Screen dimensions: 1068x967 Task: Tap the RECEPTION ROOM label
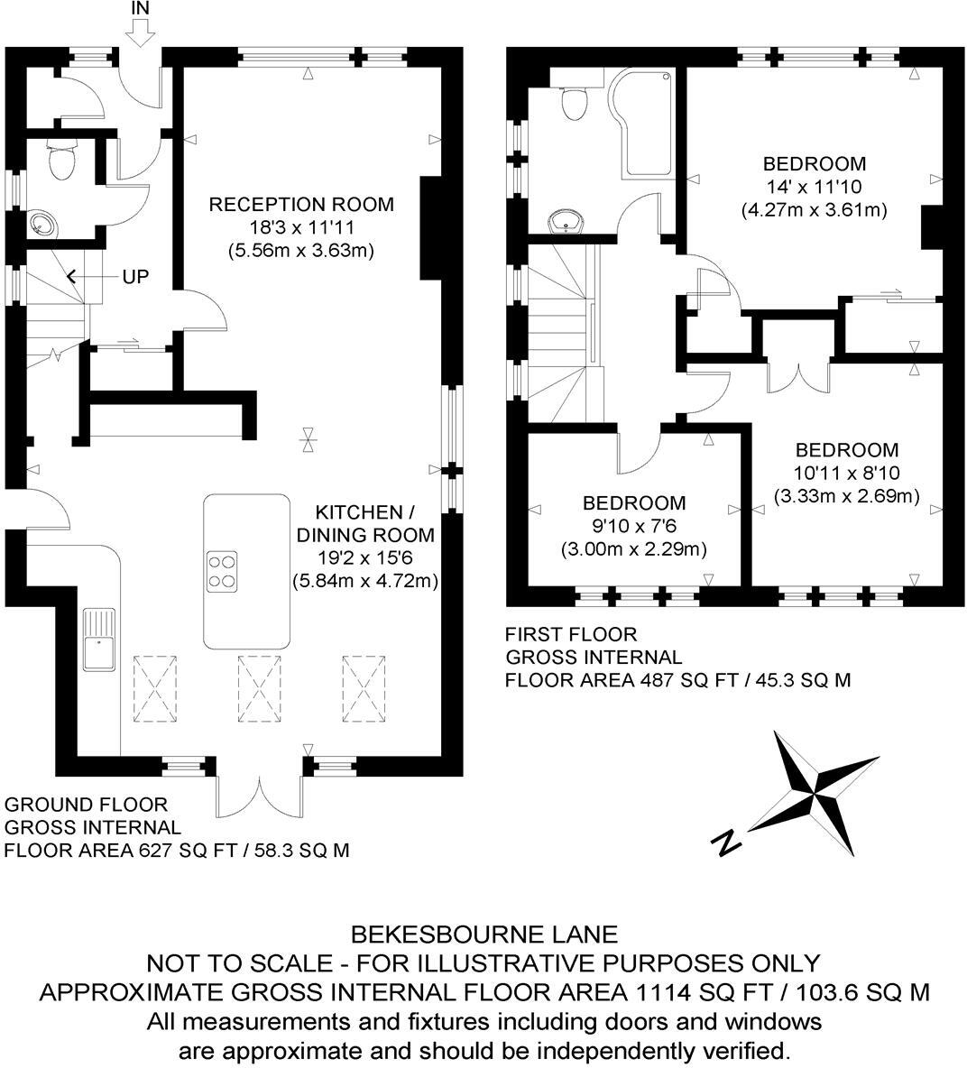point(301,205)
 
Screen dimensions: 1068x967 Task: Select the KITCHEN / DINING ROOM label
point(364,523)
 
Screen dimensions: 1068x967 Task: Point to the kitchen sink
point(99,639)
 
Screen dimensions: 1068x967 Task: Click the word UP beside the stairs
point(135,277)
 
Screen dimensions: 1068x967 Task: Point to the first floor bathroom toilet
point(574,101)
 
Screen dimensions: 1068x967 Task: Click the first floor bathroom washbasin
point(566,219)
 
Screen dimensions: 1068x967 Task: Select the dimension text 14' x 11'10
point(814,188)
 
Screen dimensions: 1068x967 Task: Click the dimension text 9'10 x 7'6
point(633,526)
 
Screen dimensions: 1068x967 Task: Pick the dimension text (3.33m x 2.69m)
point(846,496)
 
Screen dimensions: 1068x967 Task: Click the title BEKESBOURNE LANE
point(484,934)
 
